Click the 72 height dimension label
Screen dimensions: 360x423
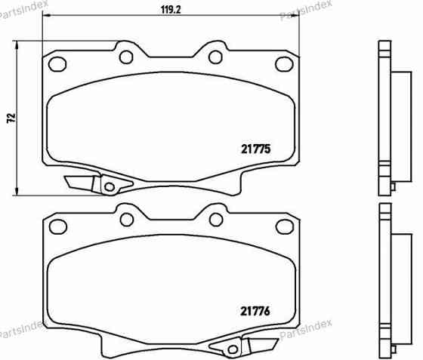coord(10,118)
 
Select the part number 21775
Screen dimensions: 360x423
coord(255,149)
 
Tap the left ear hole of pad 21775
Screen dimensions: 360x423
coord(57,63)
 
